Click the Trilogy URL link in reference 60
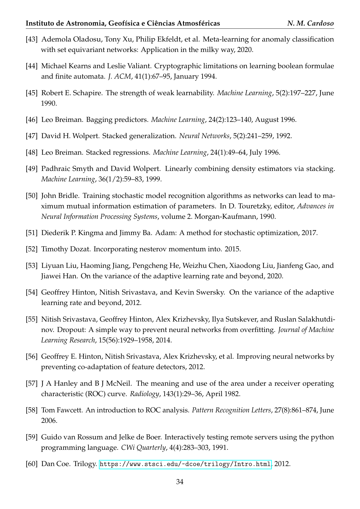click(185, 464)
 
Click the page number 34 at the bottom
click(180, 482)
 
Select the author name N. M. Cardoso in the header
click(310, 24)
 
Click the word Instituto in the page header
click(40, 24)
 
